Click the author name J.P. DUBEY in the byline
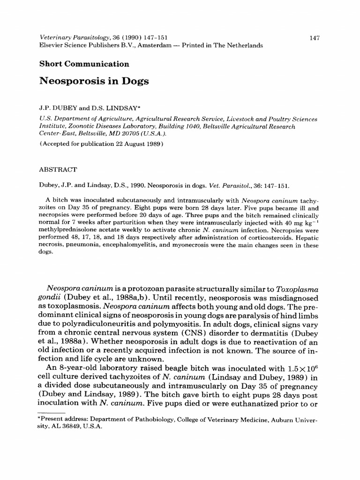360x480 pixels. (55, 107)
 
